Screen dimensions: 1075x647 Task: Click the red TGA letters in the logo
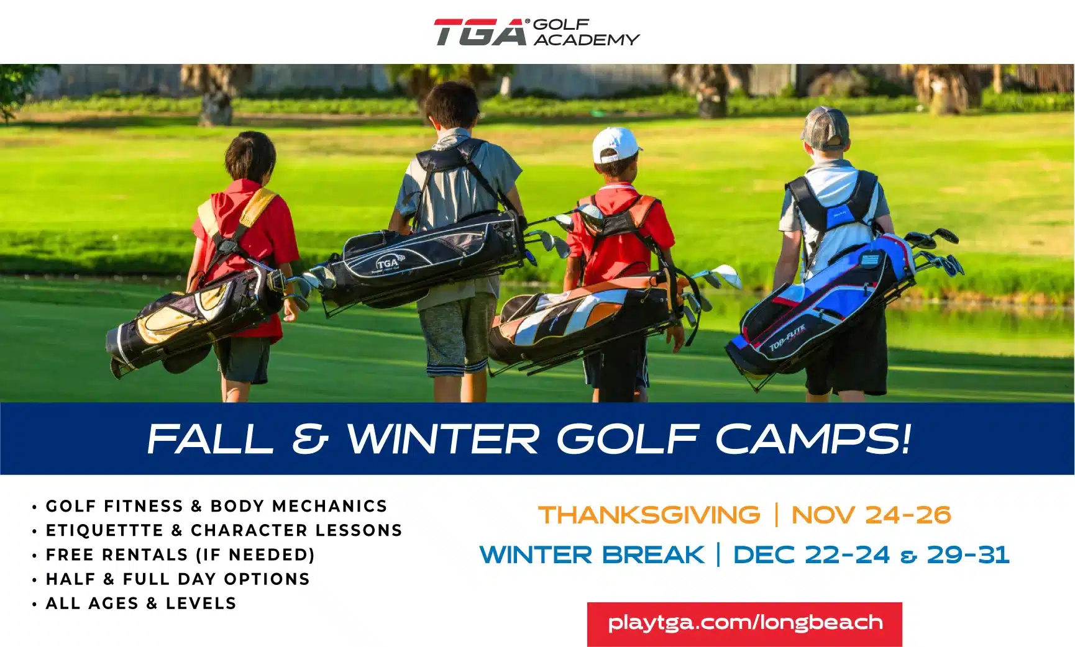pyautogui.click(x=480, y=32)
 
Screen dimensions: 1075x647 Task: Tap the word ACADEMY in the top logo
pyautogui.click(x=586, y=40)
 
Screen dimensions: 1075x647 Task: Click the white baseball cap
pyautogui.click(x=615, y=145)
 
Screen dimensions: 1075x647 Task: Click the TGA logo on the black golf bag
pyautogui.click(x=387, y=263)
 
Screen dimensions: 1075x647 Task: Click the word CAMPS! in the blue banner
pyautogui.click(x=813, y=438)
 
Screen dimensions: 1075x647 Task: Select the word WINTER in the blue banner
pyautogui.click(x=442, y=438)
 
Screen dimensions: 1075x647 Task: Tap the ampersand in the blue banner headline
pyautogui.click(x=309, y=438)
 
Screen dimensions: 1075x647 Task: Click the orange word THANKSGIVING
pyautogui.click(x=649, y=515)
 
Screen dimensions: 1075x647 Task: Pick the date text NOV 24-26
pyautogui.click(x=871, y=515)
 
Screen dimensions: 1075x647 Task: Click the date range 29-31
pyautogui.click(x=968, y=554)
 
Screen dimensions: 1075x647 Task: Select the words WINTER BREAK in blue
pyautogui.click(x=592, y=554)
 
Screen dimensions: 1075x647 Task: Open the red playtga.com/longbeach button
pyautogui.click(x=744, y=623)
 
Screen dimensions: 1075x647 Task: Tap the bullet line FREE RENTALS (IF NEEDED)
pyautogui.click(x=180, y=554)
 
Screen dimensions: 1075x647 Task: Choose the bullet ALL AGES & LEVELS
pyautogui.click(x=141, y=604)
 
